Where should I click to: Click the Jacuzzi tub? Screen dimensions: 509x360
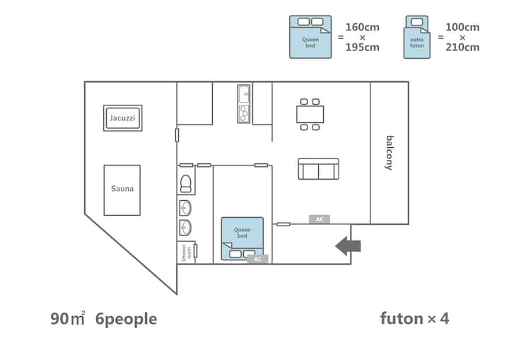tap(123, 118)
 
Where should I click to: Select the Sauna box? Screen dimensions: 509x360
tap(122, 190)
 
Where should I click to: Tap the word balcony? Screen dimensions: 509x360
tap(390, 153)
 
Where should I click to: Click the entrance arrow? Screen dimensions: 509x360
tap(348, 246)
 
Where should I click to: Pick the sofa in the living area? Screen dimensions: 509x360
tap(318, 169)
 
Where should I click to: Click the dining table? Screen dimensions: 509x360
tap(310, 115)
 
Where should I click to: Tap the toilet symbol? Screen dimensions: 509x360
tap(186, 184)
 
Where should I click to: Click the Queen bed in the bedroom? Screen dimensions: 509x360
tap(242, 239)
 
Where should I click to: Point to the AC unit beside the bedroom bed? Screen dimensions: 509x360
tap(258, 259)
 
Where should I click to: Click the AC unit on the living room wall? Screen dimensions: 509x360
tap(320, 219)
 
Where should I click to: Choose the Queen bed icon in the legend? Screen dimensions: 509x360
tap(310, 37)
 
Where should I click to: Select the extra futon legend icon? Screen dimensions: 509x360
tap(417, 37)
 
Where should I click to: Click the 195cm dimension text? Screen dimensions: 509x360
tap(362, 47)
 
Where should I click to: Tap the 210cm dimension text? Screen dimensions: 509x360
tap(462, 47)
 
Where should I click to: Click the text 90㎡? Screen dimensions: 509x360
tap(68, 318)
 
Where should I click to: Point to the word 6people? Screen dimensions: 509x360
tap(127, 320)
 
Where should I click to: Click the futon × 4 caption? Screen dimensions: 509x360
tap(414, 318)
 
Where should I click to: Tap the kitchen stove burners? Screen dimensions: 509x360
tap(244, 114)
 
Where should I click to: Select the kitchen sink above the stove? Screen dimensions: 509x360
tap(244, 94)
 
